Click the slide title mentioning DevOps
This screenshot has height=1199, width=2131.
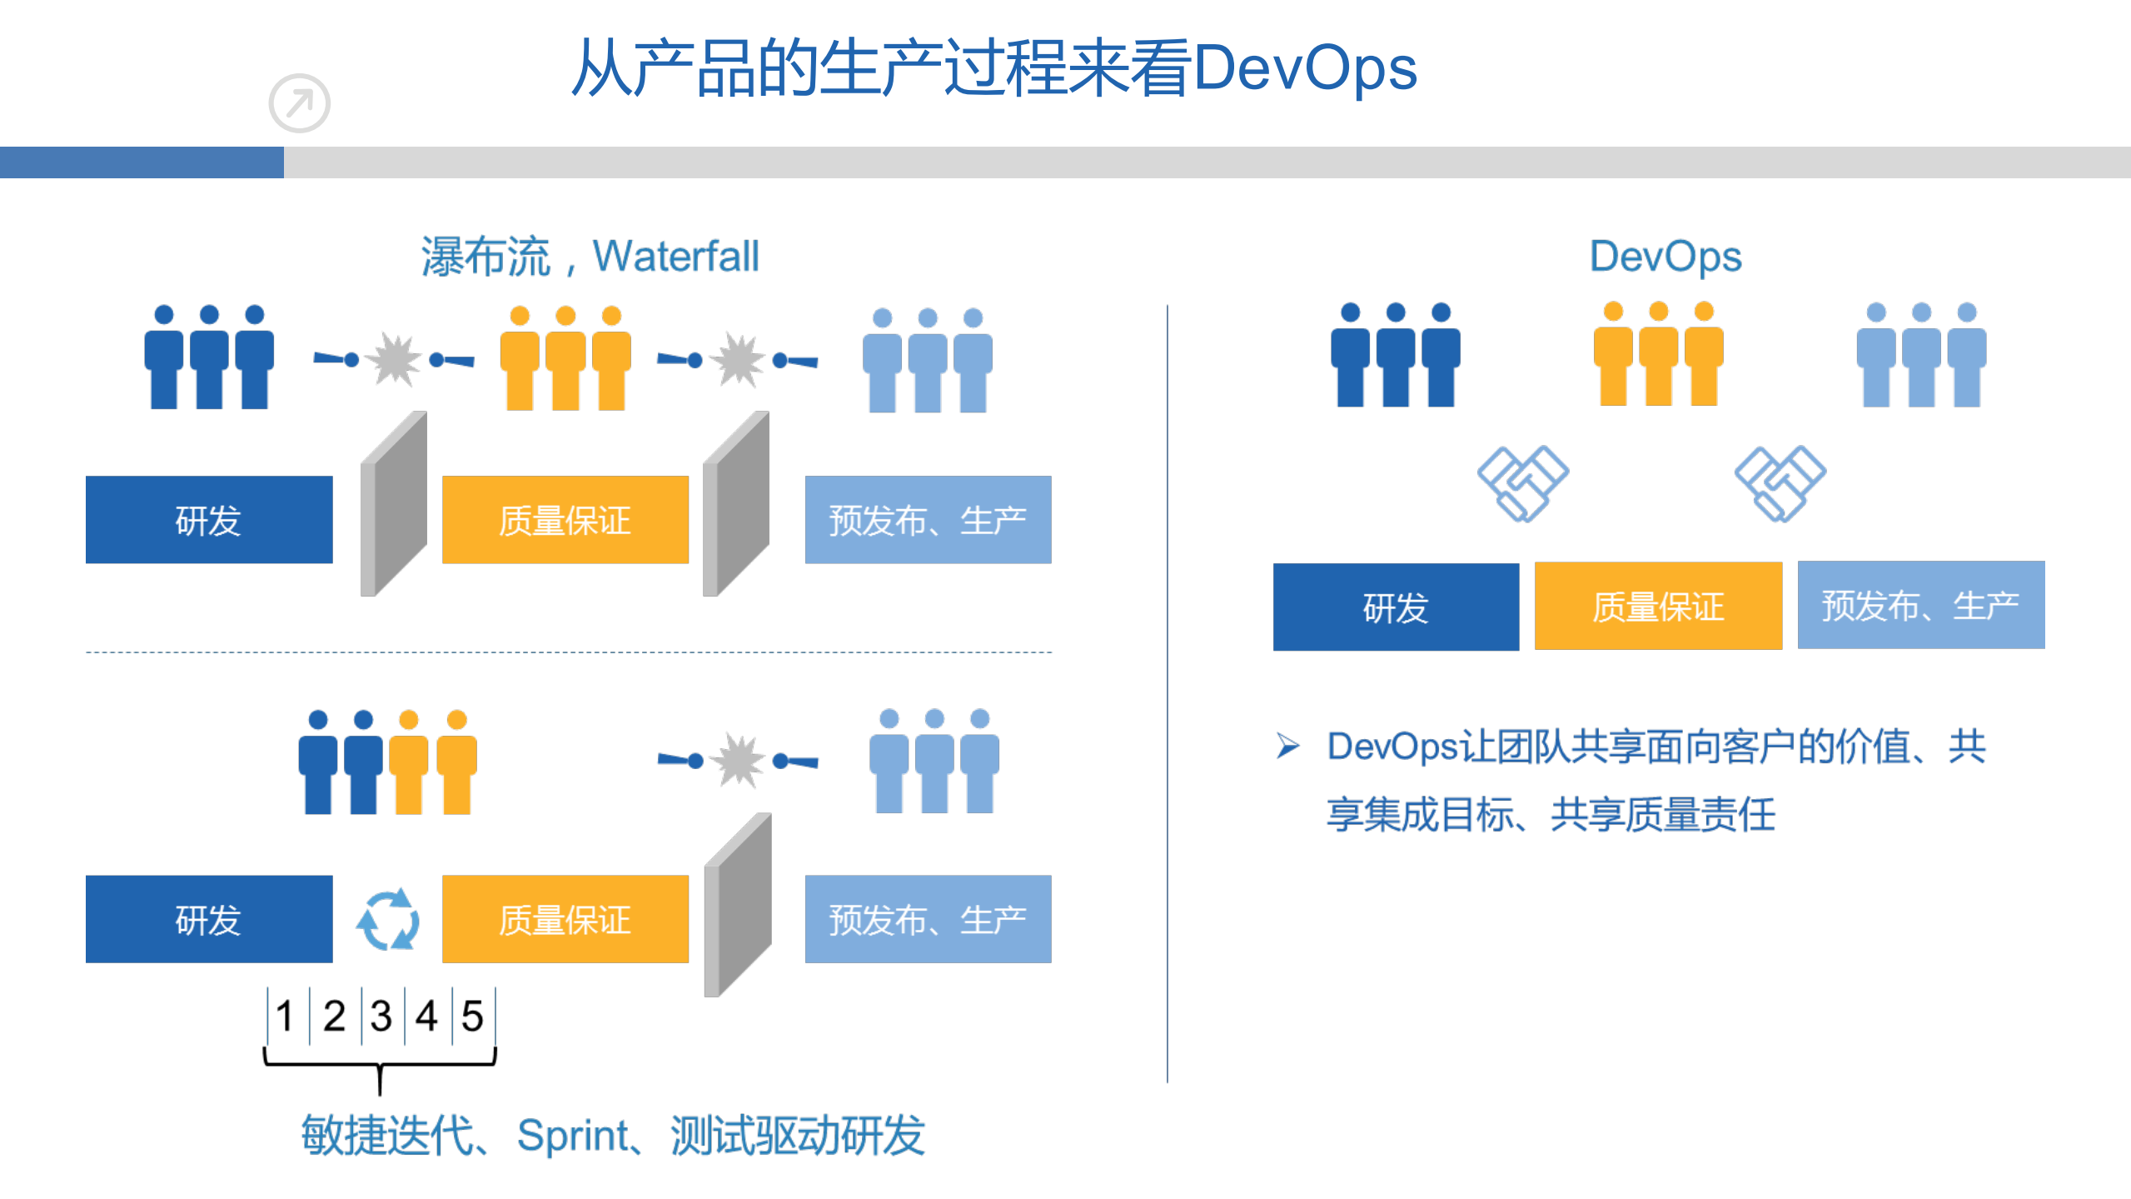point(994,68)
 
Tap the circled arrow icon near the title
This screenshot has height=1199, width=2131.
point(300,103)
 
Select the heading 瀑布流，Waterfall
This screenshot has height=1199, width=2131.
point(590,256)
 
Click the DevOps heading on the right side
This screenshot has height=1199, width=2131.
point(1665,256)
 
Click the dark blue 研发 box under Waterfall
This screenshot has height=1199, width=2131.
point(209,520)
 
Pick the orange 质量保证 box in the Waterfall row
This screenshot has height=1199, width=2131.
point(565,520)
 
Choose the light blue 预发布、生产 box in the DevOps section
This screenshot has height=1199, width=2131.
point(1920,605)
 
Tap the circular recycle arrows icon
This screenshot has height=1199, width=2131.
point(387,920)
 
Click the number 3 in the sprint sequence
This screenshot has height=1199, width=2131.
point(381,1016)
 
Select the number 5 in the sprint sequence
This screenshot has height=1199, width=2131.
point(472,1016)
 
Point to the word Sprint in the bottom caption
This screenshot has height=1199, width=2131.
point(572,1135)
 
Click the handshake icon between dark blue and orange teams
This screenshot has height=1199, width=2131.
point(1522,483)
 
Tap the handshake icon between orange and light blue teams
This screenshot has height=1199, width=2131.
point(1780,483)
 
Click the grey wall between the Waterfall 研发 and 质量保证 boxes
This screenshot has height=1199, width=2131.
point(393,504)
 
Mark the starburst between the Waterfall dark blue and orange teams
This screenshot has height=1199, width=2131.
point(393,360)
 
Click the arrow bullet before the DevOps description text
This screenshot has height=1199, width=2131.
point(1287,746)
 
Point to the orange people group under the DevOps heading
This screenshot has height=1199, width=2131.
point(1657,355)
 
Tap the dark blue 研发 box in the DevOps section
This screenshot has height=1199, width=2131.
point(1396,607)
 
